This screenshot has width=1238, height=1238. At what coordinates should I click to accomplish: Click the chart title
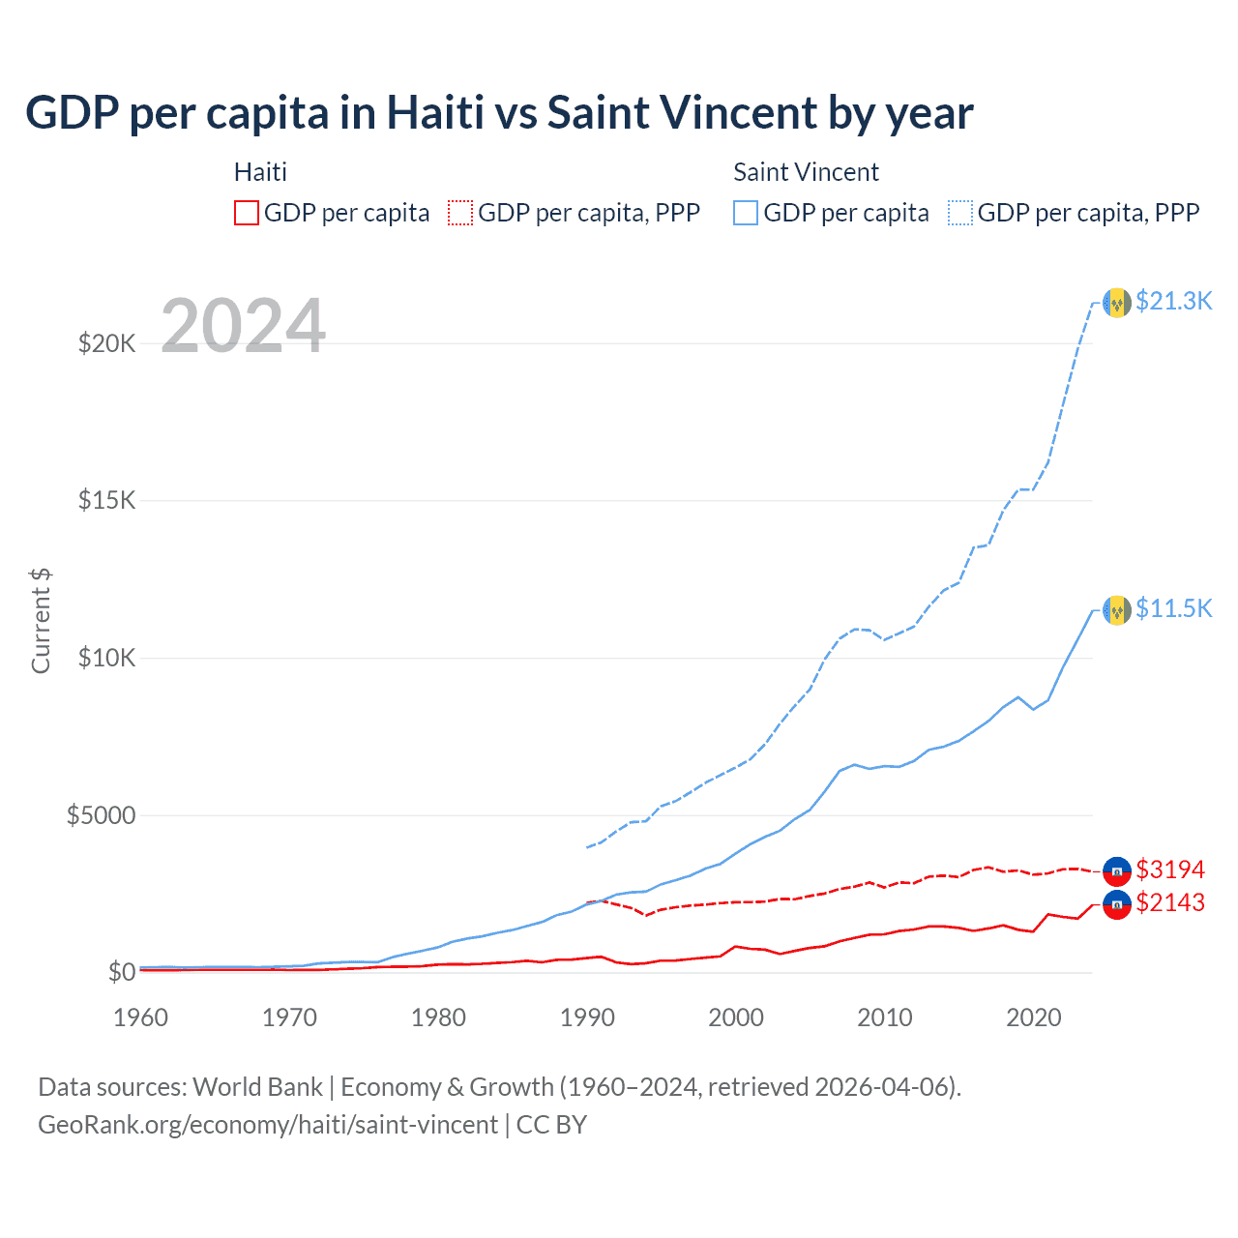tap(499, 113)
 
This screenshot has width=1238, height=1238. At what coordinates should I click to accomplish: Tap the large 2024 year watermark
tap(243, 326)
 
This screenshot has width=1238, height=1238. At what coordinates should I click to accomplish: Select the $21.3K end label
tap(1173, 301)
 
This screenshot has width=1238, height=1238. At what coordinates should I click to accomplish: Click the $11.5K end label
tap(1173, 608)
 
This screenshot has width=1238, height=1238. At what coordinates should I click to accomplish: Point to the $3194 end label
tap(1170, 870)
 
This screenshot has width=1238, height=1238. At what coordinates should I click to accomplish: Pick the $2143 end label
tap(1170, 903)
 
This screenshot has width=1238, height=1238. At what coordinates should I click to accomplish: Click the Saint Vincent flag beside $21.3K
tap(1117, 303)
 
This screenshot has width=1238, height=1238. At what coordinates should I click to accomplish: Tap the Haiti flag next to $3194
tap(1117, 871)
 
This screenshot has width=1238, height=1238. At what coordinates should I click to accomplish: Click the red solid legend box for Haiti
tap(247, 213)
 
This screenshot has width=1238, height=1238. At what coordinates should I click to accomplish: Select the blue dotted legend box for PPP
tap(960, 213)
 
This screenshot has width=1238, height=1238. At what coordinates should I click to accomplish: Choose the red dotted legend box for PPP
tap(460, 213)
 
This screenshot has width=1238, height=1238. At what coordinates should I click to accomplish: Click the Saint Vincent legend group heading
tap(806, 172)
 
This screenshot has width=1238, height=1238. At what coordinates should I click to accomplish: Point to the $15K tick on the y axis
tap(107, 501)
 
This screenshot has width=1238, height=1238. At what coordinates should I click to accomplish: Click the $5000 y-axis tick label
tap(101, 815)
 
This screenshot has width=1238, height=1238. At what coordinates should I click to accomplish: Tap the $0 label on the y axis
tap(121, 972)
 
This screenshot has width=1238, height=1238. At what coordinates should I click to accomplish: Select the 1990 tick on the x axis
tap(587, 1017)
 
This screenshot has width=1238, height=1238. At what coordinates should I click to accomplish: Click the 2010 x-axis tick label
tap(885, 1017)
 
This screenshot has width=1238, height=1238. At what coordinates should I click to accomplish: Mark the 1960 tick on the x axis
tap(141, 1017)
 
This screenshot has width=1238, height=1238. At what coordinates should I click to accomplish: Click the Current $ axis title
tap(41, 621)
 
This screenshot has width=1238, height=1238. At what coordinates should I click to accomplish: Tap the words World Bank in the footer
tap(257, 1087)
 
